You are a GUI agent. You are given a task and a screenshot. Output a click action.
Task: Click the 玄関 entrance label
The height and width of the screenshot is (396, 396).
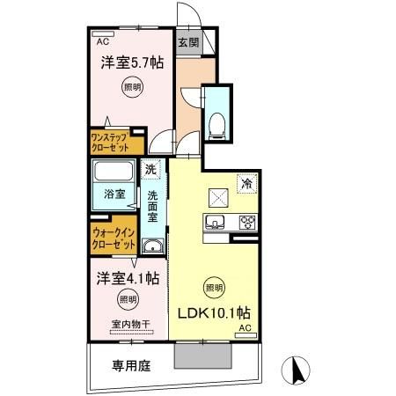pos(187,41)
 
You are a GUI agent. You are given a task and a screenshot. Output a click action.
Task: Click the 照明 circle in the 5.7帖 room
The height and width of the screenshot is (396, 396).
pos(129,87)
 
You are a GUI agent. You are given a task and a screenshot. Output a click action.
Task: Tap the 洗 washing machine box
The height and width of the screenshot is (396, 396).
pos(151,169)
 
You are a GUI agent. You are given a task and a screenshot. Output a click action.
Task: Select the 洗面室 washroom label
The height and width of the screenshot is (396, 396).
pos(152,207)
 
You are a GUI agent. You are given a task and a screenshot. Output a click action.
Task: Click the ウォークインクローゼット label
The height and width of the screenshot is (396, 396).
pos(112,238)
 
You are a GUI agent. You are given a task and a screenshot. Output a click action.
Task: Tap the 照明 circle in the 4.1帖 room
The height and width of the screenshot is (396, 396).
pos(129,300)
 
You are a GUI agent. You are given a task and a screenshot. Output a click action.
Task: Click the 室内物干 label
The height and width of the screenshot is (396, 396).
pos(129,325)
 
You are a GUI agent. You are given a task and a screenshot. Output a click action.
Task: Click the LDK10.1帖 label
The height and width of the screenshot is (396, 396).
pos(216,312)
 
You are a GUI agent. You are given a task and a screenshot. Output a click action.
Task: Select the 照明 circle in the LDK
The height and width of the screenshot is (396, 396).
pos(214,286)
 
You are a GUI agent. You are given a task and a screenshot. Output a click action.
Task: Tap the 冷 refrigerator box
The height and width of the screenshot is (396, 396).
pos(247,183)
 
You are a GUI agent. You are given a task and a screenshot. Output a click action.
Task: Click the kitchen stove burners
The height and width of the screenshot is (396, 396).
pos(246,221)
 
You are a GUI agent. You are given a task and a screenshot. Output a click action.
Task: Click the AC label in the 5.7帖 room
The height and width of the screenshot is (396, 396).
pos(102,40)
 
